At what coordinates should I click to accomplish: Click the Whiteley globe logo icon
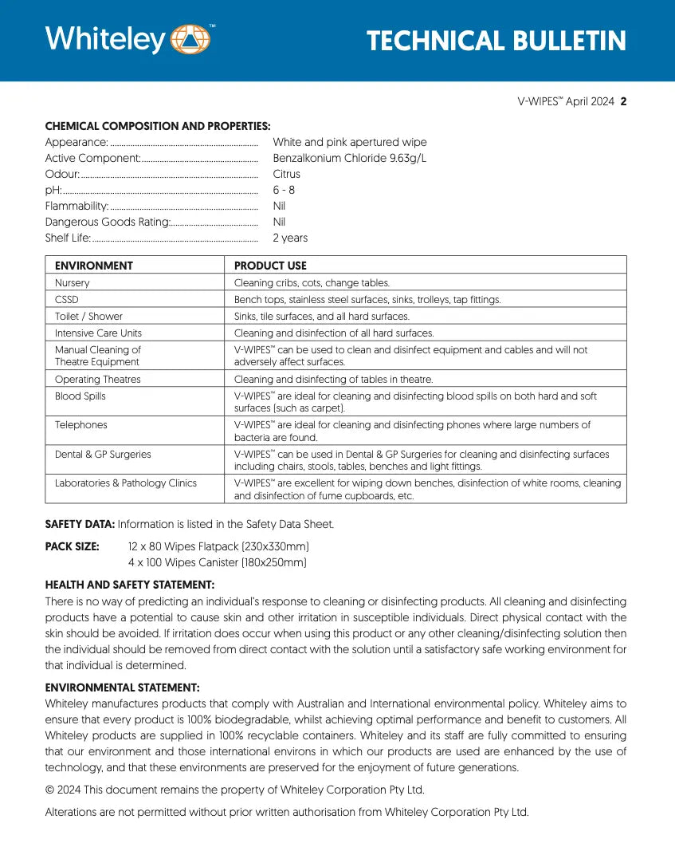[190, 40]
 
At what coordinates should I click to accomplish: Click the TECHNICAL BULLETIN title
[496, 41]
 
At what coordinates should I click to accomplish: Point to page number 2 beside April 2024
[623, 101]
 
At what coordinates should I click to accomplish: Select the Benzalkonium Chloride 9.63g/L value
[349, 158]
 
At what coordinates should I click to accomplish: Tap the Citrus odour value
[286, 174]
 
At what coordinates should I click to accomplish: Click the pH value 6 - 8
[284, 190]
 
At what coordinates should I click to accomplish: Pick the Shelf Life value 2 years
[289, 238]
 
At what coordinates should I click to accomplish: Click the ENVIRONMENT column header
[93, 266]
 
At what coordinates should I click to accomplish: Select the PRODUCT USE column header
[270, 266]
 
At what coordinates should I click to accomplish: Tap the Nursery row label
[73, 283]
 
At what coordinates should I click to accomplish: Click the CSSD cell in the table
[67, 300]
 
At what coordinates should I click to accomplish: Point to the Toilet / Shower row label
[88, 317]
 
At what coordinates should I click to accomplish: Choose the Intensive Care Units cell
[98, 333]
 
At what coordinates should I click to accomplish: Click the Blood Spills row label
[80, 396]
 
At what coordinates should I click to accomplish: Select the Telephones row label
[80, 425]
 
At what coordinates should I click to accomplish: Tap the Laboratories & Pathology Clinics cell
[126, 483]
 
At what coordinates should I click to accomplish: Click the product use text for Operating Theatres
[333, 380]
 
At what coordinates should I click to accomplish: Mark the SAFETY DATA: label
[80, 524]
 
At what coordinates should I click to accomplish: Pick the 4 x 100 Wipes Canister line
[217, 562]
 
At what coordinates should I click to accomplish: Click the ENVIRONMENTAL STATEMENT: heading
[122, 687]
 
